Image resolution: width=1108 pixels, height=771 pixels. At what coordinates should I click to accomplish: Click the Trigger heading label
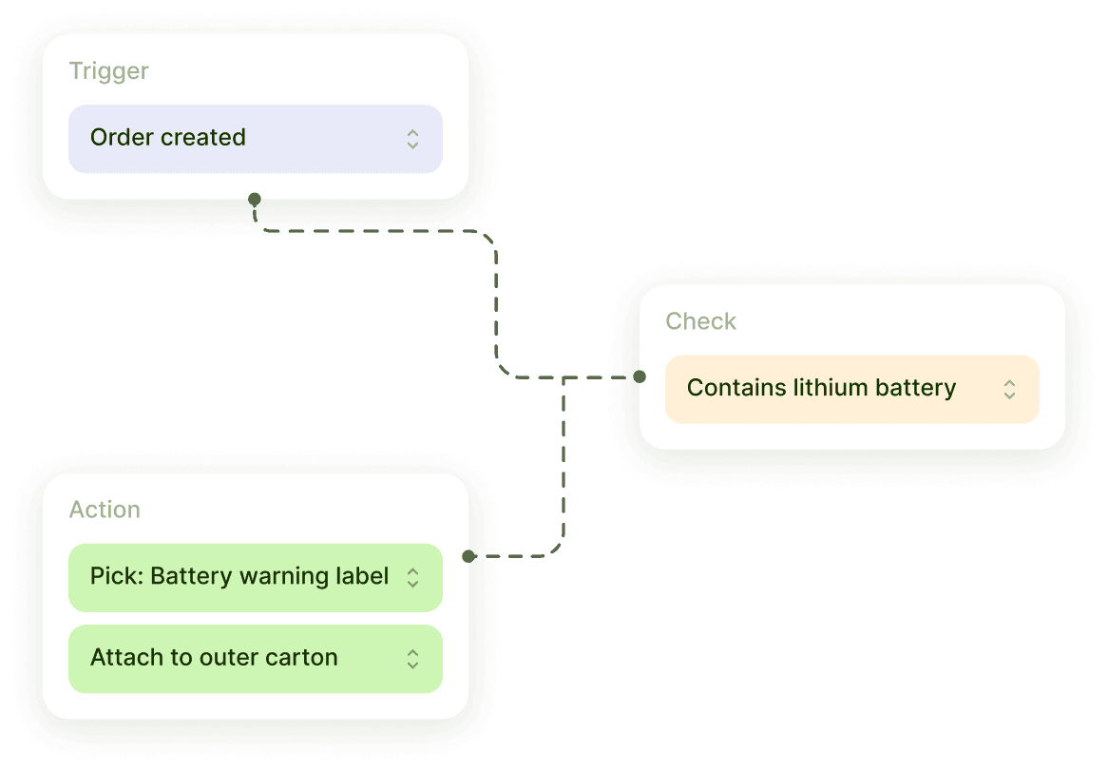[x=108, y=71]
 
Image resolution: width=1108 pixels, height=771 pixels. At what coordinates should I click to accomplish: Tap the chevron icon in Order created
[x=412, y=139]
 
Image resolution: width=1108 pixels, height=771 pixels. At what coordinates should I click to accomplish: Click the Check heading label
[x=700, y=321]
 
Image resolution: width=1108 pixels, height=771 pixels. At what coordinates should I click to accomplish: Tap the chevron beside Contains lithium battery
[x=1009, y=389]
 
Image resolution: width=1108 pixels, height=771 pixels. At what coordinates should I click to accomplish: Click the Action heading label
[x=105, y=510]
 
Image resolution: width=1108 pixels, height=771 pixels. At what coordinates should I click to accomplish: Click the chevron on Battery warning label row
[x=412, y=577]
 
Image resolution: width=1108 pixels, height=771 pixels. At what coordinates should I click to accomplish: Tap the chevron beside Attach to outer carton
[x=412, y=659]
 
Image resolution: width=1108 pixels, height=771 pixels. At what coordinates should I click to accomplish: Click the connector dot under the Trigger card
[x=254, y=200]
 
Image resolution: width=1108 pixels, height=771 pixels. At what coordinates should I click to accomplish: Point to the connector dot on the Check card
[x=640, y=376]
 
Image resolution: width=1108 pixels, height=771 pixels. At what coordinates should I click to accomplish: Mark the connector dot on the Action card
[x=468, y=556]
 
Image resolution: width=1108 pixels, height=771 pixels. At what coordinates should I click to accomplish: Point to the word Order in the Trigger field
[x=116, y=138]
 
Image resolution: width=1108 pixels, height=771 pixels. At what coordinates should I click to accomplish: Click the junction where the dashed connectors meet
[x=564, y=377]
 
